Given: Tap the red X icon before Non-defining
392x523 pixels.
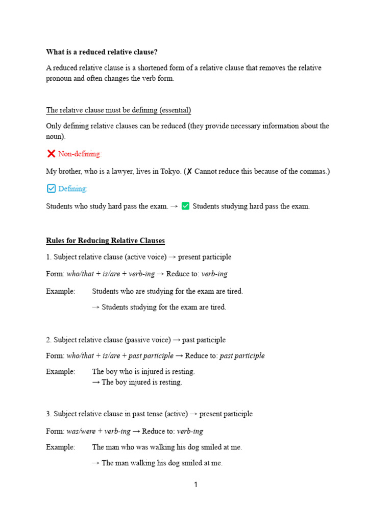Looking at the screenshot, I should coord(51,153).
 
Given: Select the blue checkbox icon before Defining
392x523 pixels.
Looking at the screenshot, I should coord(51,188).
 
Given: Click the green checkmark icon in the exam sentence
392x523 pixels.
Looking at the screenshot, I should coord(185,206).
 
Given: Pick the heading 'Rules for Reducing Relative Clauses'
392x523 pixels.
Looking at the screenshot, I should coord(105,241).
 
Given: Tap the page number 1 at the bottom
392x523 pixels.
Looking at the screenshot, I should coord(195,485).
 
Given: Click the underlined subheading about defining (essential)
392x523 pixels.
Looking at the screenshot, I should coord(118,110).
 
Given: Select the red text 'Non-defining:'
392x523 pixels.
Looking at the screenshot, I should coord(80,154).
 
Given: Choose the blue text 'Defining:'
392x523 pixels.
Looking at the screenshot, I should coord(73,189).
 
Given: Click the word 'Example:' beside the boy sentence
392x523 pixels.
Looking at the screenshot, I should coord(60,371).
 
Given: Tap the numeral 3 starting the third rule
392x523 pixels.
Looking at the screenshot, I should coord(48,414).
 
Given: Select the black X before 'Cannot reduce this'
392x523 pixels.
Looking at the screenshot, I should coord(189,172).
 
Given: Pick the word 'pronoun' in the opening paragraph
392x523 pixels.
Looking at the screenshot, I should coord(59,79).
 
